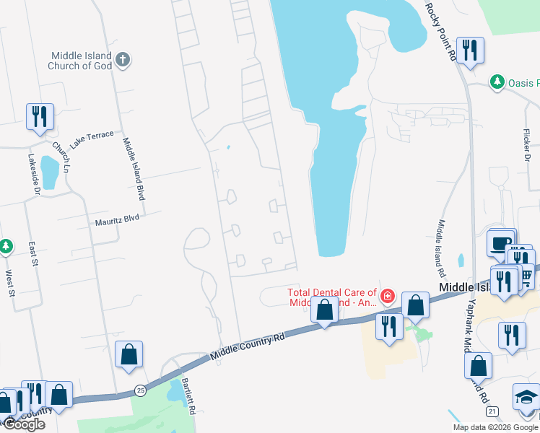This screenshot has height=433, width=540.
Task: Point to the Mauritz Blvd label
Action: [x=116, y=219]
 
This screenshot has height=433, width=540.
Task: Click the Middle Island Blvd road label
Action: [x=132, y=169]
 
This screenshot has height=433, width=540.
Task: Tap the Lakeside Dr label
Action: [x=34, y=174]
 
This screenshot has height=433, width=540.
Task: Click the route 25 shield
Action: [x=139, y=391]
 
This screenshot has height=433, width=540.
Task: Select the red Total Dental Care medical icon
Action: [x=388, y=295]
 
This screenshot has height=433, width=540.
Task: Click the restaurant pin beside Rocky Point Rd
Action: [x=470, y=51]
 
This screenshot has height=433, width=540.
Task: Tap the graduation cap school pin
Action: [x=526, y=396]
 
